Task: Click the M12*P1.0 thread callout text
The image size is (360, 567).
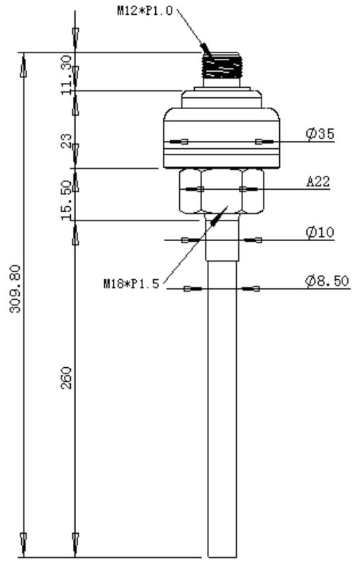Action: click(x=145, y=10)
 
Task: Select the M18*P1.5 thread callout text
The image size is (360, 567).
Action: click(x=131, y=283)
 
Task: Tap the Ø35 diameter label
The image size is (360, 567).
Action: click(x=320, y=133)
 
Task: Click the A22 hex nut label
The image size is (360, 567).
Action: click(x=318, y=181)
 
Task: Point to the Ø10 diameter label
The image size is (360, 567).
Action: click(x=320, y=232)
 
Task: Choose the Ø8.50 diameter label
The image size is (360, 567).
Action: click(x=327, y=281)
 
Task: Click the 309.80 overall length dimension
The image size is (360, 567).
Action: click(x=15, y=288)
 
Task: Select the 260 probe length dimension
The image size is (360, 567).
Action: click(x=66, y=378)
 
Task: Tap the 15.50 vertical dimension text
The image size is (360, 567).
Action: click(x=67, y=200)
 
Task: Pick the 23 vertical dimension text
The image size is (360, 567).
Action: click(x=67, y=140)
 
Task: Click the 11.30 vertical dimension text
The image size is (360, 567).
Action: click(x=67, y=75)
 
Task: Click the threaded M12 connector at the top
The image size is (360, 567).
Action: click(x=222, y=65)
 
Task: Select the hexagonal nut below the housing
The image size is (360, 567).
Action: click(x=222, y=191)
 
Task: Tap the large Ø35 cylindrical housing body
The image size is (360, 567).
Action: click(x=222, y=138)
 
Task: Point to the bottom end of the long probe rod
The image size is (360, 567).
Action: click(x=223, y=556)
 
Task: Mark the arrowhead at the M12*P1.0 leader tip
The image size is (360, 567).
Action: click(x=206, y=50)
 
